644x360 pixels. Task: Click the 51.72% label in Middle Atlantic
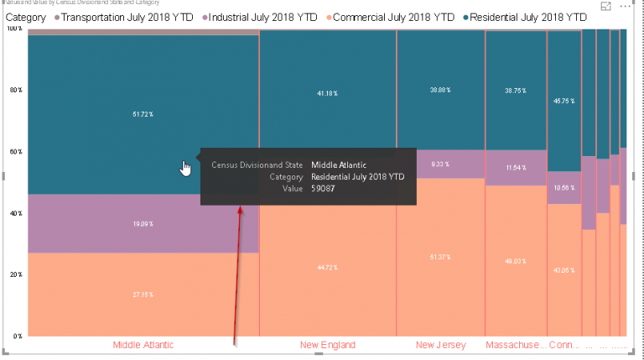point(143,112)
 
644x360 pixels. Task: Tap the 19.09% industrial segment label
point(143,224)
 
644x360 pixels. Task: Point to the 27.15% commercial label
point(143,295)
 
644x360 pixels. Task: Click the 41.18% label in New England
point(327,92)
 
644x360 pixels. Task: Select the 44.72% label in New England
point(327,268)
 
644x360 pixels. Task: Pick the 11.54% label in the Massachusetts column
point(516,168)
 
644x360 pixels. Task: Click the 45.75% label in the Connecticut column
point(563,101)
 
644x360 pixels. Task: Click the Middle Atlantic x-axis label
point(143,345)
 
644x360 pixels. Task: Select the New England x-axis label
point(327,345)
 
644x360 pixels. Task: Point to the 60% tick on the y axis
point(14,152)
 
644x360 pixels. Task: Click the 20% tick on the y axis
point(14,274)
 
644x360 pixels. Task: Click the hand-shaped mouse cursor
point(185,169)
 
